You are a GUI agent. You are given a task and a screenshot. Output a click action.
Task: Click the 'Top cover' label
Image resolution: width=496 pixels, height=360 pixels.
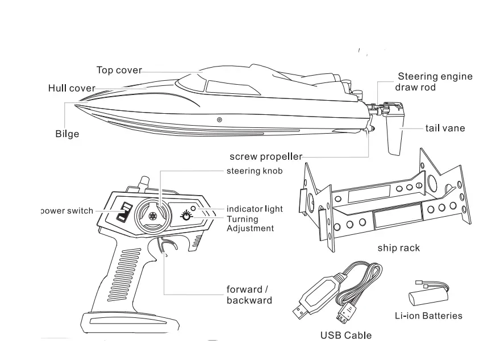(x=119, y=70)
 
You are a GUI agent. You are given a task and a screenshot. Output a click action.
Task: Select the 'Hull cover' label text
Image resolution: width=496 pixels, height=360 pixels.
(x=72, y=88)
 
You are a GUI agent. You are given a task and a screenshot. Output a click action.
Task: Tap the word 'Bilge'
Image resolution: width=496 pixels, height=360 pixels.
(x=67, y=134)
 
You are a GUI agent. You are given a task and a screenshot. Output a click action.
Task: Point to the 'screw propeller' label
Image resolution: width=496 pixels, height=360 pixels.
(x=265, y=156)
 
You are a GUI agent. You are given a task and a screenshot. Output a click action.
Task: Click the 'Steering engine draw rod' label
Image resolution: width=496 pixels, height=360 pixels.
(x=435, y=82)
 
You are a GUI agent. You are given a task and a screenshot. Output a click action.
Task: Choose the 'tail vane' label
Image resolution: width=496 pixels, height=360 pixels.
(x=445, y=128)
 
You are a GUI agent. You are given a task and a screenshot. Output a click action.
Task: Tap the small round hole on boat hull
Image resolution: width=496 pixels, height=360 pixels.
(x=219, y=120)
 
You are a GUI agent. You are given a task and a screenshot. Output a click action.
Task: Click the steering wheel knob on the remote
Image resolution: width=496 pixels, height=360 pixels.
(x=152, y=216)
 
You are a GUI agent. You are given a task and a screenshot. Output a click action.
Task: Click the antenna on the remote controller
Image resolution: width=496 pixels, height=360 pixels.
(x=144, y=181)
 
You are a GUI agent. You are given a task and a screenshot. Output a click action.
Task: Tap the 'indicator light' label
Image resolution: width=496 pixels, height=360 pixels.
(x=255, y=209)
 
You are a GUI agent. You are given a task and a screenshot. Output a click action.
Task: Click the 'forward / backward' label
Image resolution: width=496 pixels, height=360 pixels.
(x=249, y=295)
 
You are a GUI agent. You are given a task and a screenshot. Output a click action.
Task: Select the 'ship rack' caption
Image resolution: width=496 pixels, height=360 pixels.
(x=399, y=248)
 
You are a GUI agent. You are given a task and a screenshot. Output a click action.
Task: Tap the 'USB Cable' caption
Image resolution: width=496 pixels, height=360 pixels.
(x=345, y=335)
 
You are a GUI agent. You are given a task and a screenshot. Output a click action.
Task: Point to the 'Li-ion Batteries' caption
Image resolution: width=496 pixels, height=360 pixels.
(x=428, y=316)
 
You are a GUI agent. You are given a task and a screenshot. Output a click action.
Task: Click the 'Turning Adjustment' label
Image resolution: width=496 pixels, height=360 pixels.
(x=250, y=224)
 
